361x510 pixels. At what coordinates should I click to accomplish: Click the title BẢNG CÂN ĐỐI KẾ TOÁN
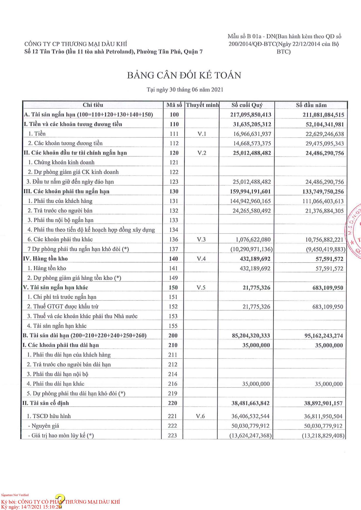(184, 75)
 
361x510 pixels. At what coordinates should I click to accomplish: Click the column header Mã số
(174, 105)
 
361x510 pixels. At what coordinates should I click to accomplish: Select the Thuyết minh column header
(202, 105)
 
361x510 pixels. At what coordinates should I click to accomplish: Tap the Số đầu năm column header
(311, 105)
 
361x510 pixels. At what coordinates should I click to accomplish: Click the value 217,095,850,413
(251, 115)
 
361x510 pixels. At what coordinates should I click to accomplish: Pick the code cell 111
(174, 134)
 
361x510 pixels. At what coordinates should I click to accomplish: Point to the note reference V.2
(202, 153)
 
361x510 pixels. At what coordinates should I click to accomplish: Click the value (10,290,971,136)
(251, 249)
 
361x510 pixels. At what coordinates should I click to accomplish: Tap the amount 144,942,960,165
(250, 201)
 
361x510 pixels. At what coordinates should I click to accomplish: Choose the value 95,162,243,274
(323, 336)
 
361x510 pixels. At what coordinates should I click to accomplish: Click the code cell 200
(173, 336)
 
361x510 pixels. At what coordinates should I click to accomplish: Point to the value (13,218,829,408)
(323, 436)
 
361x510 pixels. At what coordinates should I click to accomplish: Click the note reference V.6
(200, 416)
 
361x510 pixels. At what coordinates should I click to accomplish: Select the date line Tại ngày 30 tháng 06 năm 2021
(185, 90)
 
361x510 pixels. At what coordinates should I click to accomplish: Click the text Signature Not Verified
(15, 495)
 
